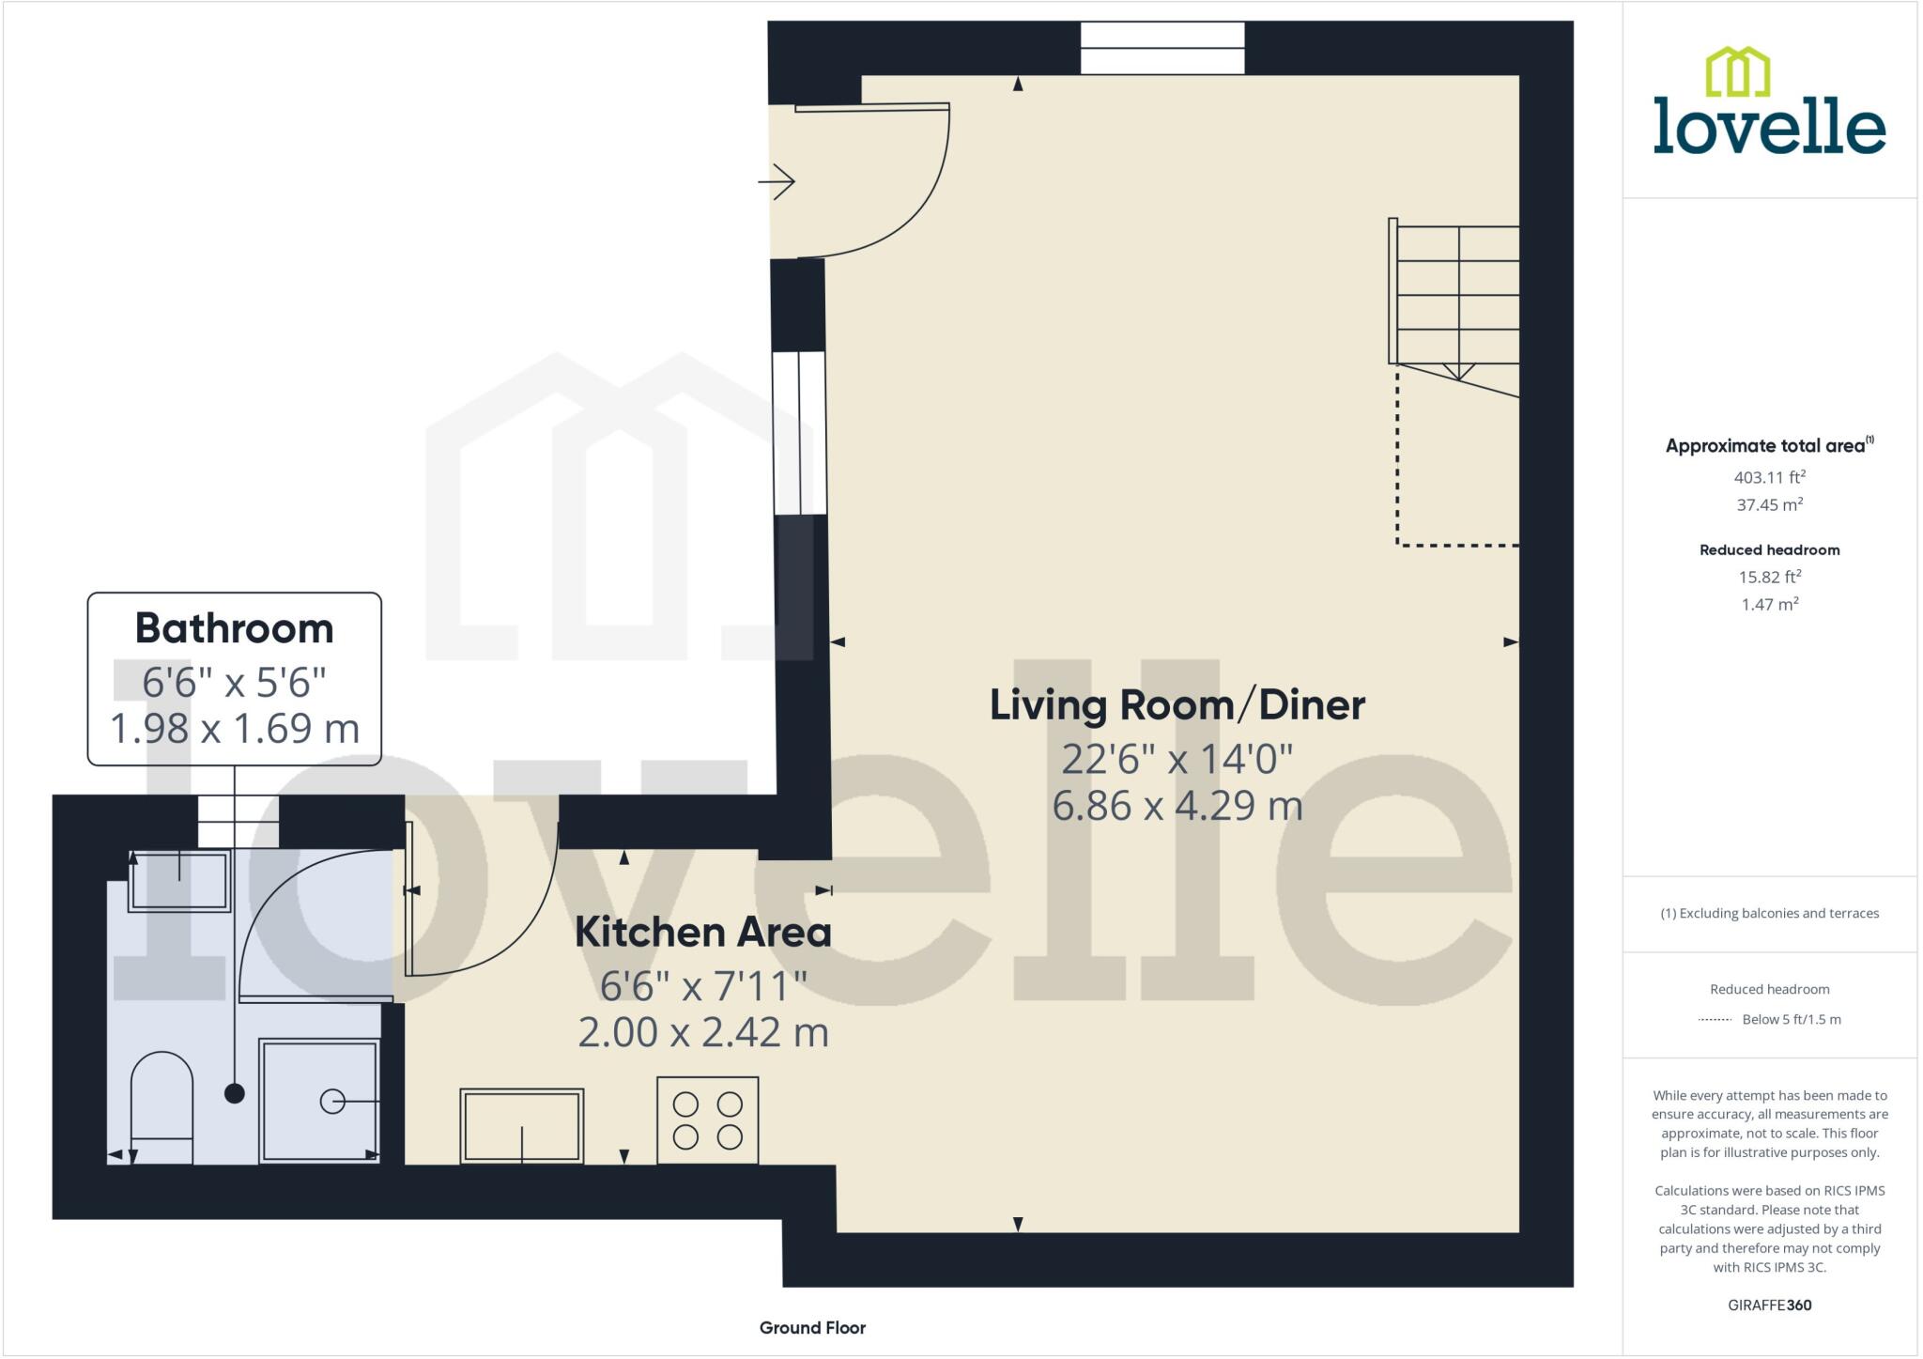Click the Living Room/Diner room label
pyautogui.click(x=1177, y=705)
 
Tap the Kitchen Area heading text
pyautogui.click(x=702, y=933)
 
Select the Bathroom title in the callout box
pyautogui.click(x=235, y=628)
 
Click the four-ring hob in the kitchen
pyautogui.click(x=707, y=1120)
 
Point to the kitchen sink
pyautogui.click(x=521, y=1125)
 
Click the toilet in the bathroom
pyautogui.click(x=162, y=1108)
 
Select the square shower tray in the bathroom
pyautogui.click(x=319, y=1101)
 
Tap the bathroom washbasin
pyautogui.click(x=178, y=880)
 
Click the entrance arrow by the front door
pyautogui.click(x=777, y=181)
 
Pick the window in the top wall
pyautogui.click(x=1161, y=48)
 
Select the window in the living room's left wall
pyautogui.click(x=799, y=432)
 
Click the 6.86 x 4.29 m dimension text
pyautogui.click(x=1177, y=806)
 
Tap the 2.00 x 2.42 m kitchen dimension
pyautogui.click(x=702, y=1032)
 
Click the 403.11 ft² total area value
pyautogui.click(x=1769, y=476)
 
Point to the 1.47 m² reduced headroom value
pyautogui.click(x=1769, y=604)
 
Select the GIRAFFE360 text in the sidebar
pyautogui.click(x=1769, y=1305)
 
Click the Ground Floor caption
pyautogui.click(x=812, y=1327)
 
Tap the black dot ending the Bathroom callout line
pyautogui.click(x=235, y=1093)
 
